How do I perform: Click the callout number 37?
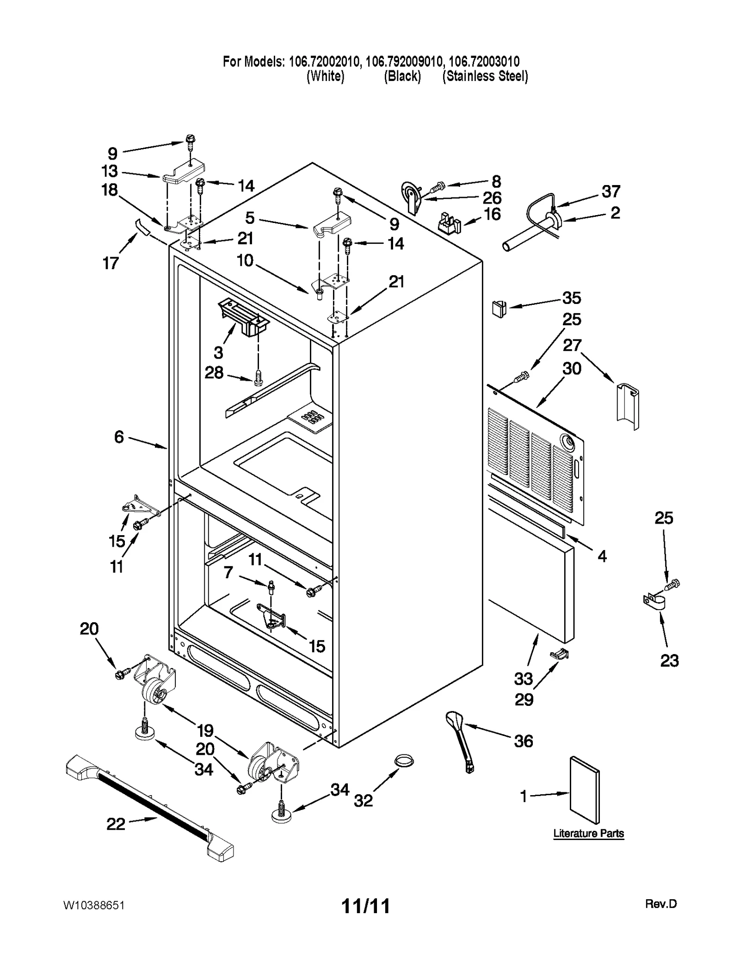coord(610,191)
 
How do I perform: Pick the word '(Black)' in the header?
coord(402,76)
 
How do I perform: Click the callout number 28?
coord(214,372)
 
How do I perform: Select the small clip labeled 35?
coord(499,309)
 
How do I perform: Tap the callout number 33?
coord(524,679)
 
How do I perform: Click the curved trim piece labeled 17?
coord(142,228)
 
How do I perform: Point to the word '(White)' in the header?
coord(325,76)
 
